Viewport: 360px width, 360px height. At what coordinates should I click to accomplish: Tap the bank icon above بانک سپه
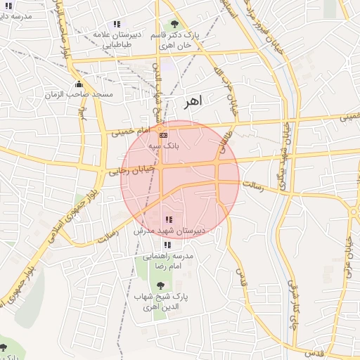tap(164, 134)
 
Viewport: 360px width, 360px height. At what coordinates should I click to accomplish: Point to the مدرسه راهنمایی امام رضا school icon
tap(167, 245)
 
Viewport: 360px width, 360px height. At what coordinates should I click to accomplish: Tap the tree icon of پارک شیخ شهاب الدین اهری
tap(161, 285)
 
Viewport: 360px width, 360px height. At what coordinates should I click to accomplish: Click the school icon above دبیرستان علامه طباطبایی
tap(116, 25)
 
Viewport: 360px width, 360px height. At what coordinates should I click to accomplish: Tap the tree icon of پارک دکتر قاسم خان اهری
tap(174, 25)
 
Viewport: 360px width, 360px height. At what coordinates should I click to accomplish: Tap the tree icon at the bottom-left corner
tap(4, 347)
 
